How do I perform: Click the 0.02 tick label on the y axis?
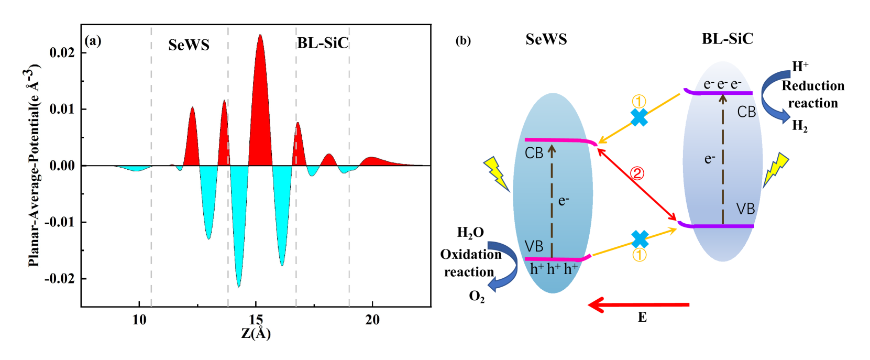[62, 52]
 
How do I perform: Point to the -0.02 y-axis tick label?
[60, 278]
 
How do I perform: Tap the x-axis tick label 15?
[256, 320]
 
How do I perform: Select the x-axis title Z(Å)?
[256, 334]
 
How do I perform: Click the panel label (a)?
[93, 41]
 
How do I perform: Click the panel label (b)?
[463, 41]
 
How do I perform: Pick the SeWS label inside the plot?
[189, 45]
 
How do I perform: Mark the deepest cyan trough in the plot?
[239, 286]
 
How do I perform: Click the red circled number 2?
[637, 173]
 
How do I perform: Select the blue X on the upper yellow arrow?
[639, 117]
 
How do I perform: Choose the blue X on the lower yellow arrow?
[640, 239]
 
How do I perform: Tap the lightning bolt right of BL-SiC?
[776, 169]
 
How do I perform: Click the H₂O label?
[470, 233]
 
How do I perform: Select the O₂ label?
[477, 297]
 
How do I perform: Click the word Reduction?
[813, 86]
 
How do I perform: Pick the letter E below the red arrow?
[642, 317]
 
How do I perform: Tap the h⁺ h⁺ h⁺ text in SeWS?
[554, 269]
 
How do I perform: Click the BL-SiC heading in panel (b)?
[727, 39]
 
